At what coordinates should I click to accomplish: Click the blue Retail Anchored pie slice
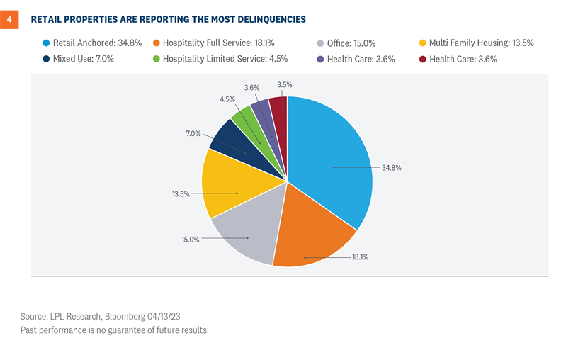tap(333, 163)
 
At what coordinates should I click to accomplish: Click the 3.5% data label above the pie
tap(283, 84)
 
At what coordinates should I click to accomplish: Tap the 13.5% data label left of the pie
tap(180, 194)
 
